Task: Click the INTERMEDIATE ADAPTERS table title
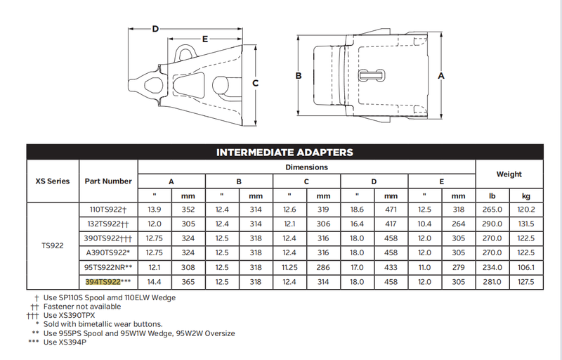tap(285, 153)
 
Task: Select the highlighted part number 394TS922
tap(103, 282)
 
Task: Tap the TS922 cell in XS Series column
tap(52, 245)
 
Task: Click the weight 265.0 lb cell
tap(492, 210)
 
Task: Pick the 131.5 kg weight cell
tap(525, 224)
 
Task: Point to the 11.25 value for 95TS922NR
tap(289, 267)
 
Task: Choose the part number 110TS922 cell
tap(108, 210)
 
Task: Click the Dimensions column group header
tap(306, 167)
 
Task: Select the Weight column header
tap(509, 174)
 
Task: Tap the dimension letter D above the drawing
tap(155, 29)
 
